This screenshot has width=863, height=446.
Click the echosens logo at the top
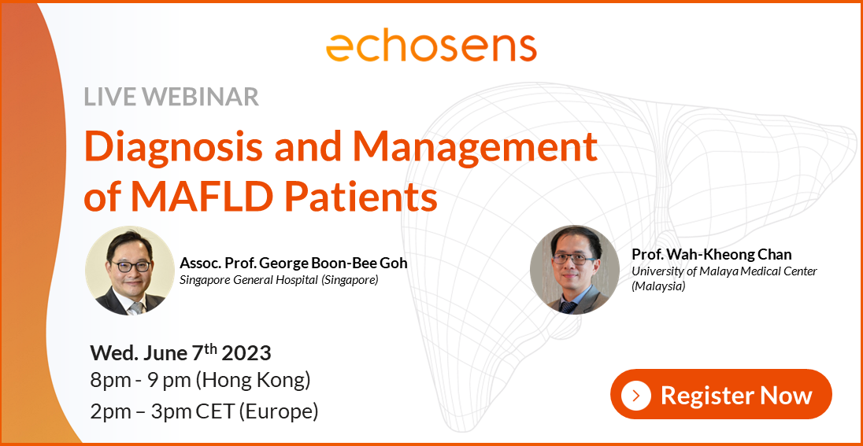coord(431,46)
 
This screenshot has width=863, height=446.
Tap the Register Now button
coord(720,394)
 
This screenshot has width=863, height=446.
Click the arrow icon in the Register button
coord(636,394)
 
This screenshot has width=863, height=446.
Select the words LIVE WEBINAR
coord(171,97)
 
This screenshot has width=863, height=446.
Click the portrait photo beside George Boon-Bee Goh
coord(130,271)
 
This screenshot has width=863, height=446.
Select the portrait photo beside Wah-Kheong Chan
coord(575,270)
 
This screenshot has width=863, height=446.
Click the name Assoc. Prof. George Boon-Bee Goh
coord(294,263)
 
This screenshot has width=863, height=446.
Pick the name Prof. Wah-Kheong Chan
coord(711,254)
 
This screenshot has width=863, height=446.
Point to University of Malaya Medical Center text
coord(724,271)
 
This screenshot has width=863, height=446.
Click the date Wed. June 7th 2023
coord(181,352)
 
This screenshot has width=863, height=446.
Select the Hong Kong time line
coord(201,381)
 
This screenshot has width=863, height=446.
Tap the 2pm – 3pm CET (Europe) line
coord(205,411)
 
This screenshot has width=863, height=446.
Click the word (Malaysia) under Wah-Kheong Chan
coord(658,286)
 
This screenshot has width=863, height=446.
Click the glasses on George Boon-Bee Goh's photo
coord(130,266)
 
